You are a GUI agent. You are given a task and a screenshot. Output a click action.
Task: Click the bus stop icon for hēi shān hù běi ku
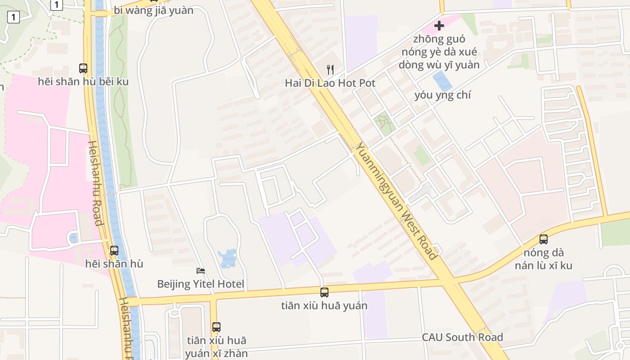(x=83, y=68)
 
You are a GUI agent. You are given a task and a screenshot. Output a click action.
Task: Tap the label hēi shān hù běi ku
(x=83, y=81)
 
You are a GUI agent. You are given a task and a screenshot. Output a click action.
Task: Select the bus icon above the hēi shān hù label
(x=114, y=251)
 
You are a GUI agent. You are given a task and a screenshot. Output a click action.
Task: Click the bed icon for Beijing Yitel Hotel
(x=201, y=271)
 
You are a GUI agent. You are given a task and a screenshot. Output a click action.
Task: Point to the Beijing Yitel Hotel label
(x=201, y=284)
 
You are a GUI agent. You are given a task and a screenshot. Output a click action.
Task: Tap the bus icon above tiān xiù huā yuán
(x=324, y=292)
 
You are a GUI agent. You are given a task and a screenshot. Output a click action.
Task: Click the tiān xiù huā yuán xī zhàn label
(x=216, y=346)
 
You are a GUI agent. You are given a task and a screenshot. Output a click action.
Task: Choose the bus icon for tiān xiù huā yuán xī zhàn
(x=216, y=327)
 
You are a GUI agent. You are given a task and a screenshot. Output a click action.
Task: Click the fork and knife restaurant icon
(x=330, y=69)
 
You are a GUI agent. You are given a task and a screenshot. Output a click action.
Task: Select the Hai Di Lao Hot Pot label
(x=330, y=83)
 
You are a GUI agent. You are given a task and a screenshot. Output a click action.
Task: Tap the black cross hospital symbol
(x=439, y=26)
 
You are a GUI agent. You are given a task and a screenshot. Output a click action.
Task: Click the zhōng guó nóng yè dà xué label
(x=439, y=52)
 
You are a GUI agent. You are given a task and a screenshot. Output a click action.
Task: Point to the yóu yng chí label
(x=443, y=95)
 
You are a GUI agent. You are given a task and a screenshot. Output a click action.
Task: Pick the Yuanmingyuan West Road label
(x=396, y=201)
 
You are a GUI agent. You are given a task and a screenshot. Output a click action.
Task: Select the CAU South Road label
(x=462, y=337)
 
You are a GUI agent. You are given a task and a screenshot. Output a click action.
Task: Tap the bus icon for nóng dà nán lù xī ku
(x=544, y=239)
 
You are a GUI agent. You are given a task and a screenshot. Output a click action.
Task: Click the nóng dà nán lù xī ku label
(x=544, y=259)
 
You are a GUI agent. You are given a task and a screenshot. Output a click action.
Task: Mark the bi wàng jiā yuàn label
(x=153, y=10)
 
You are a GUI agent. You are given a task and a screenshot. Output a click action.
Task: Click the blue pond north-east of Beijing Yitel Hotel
(x=227, y=258)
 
